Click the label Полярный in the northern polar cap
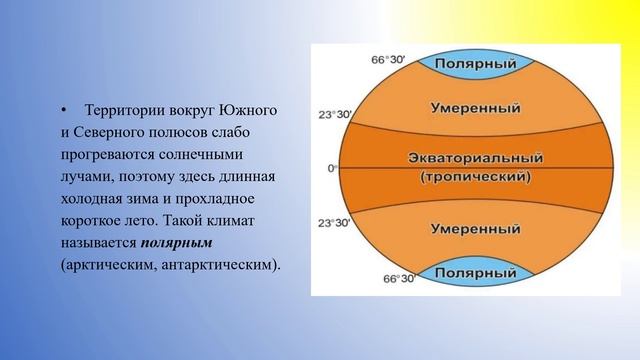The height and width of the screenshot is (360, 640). pyautogui.click(x=475, y=62)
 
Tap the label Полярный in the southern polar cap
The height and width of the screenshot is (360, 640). pyautogui.click(x=474, y=271)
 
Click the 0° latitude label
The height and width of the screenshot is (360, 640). pyautogui.click(x=333, y=168)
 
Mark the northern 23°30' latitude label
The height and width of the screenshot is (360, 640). pyautogui.click(x=334, y=114)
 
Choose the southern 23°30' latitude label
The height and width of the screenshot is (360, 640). pyautogui.click(x=334, y=223)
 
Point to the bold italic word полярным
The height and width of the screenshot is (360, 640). pyautogui.click(x=177, y=243)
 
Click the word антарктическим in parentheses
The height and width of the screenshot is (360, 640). pyautogui.click(x=219, y=265)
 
